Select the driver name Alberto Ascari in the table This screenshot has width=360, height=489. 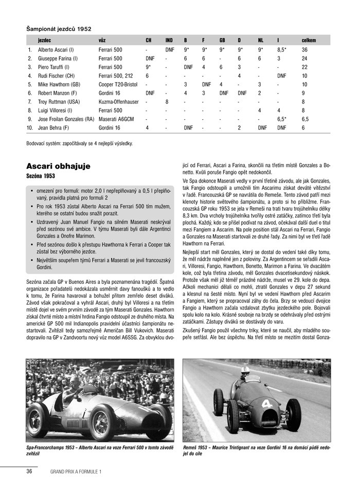coord(56,50)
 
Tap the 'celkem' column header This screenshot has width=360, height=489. coord(309,40)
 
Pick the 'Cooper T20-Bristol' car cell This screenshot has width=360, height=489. coord(118,84)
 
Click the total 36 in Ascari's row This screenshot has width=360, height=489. coord(304,50)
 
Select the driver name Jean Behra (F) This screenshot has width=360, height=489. coord(53,128)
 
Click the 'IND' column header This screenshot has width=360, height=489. coord(169,40)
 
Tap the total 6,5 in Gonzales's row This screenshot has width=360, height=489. coord(305,119)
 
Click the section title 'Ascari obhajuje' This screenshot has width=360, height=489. coord(58,166)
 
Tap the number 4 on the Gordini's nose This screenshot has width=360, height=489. coord(267,404)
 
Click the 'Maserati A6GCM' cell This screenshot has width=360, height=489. coord(116,119)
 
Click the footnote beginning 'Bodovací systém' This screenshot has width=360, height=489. coord(79,143)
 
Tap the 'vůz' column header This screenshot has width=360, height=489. coord(102,40)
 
